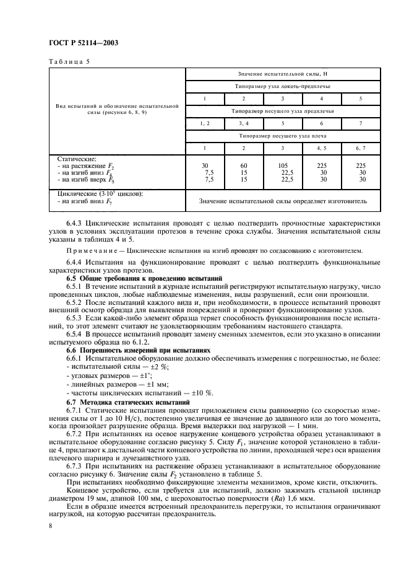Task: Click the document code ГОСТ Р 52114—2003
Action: [x=84, y=43]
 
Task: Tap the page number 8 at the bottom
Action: [x=50, y=525]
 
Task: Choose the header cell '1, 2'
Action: [x=205, y=124]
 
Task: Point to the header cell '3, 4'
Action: [x=243, y=124]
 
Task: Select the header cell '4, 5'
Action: [x=321, y=149]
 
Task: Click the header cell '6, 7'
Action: [x=361, y=149]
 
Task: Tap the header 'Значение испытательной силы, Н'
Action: [x=282, y=74]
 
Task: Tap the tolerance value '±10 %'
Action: [x=200, y=393]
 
